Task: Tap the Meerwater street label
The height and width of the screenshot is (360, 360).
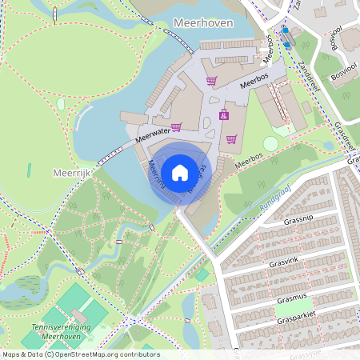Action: pyautogui.click(x=154, y=134)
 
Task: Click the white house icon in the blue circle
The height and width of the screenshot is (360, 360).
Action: pyautogui.click(x=180, y=172)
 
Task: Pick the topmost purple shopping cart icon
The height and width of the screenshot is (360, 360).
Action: pyautogui.click(x=211, y=81)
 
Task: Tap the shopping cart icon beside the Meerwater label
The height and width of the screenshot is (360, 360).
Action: pyautogui.click(x=176, y=126)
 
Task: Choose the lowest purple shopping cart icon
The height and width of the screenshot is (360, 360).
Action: pyautogui.click(x=231, y=138)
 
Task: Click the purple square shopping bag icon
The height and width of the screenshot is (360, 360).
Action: pyautogui.click(x=223, y=114)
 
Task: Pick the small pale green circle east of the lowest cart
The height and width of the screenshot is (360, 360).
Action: pyautogui.click(x=270, y=143)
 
